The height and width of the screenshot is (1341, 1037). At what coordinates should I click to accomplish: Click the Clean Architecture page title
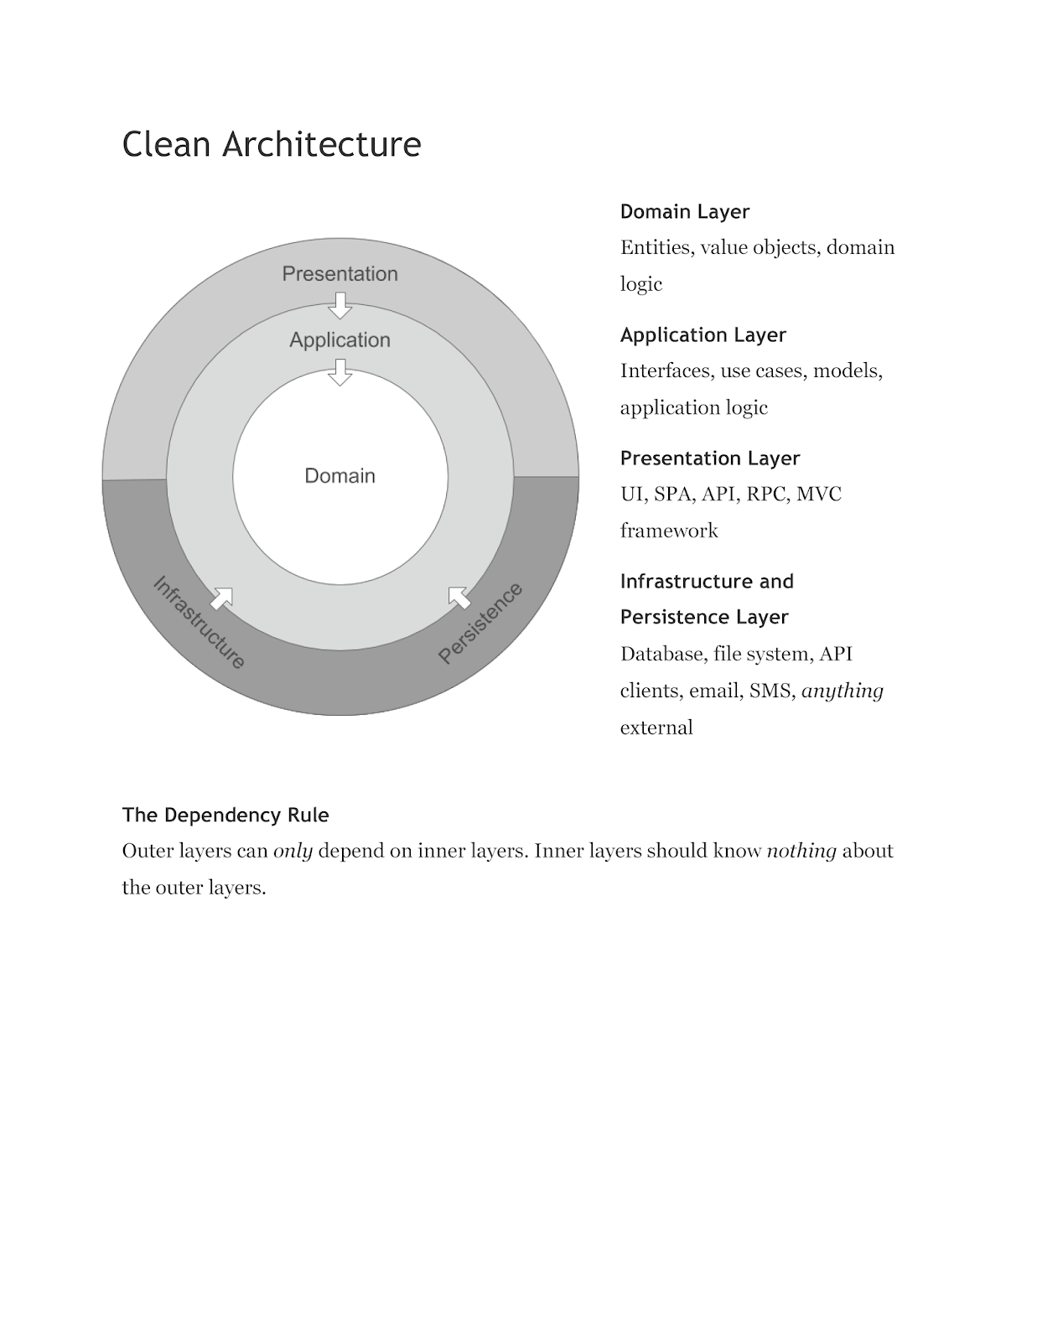pyautogui.click(x=272, y=144)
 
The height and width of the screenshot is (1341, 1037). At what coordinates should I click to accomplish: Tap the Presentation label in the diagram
pyautogui.click(x=340, y=274)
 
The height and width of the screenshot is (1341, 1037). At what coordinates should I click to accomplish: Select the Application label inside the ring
pyautogui.click(x=340, y=340)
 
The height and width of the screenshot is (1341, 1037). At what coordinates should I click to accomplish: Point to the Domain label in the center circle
pyautogui.click(x=340, y=476)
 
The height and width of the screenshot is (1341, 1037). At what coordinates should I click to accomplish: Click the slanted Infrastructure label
pyautogui.click(x=199, y=623)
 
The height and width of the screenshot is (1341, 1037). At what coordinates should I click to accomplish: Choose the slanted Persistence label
pyautogui.click(x=480, y=623)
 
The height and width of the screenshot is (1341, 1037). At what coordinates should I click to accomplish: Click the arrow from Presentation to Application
pyautogui.click(x=340, y=305)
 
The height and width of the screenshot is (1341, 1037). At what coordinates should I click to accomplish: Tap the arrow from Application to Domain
pyautogui.click(x=340, y=372)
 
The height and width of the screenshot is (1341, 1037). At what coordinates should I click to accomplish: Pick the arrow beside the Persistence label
pyautogui.click(x=459, y=598)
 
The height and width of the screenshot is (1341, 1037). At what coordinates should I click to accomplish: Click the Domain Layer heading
pyautogui.click(x=684, y=212)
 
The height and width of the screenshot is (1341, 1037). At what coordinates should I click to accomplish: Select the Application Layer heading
pyautogui.click(x=703, y=335)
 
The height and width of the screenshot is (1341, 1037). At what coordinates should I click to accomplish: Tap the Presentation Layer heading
pyautogui.click(x=709, y=458)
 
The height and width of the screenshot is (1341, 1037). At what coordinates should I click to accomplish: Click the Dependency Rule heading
pyautogui.click(x=226, y=815)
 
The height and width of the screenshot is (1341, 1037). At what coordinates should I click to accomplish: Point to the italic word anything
pyautogui.click(x=842, y=691)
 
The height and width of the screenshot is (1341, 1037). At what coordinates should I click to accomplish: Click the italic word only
pyautogui.click(x=293, y=852)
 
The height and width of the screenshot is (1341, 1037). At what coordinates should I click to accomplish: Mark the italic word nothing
pyautogui.click(x=801, y=852)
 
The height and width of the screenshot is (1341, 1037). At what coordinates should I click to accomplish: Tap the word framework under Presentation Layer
pyautogui.click(x=669, y=531)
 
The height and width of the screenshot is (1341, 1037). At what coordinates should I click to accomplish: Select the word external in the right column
pyautogui.click(x=656, y=727)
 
